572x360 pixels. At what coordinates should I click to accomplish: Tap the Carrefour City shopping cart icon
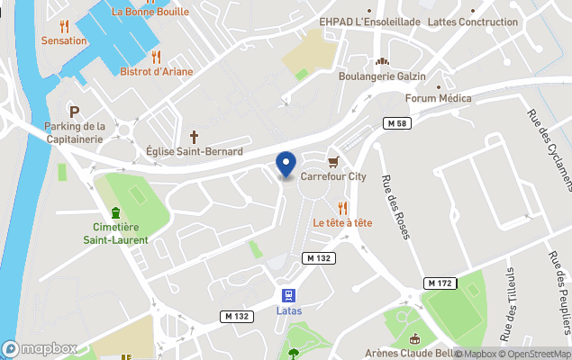[333, 162]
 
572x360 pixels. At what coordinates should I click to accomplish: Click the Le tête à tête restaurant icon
[342, 208]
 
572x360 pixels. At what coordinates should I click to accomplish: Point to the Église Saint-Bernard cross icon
[194, 135]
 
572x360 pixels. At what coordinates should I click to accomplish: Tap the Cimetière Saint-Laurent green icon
[115, 212]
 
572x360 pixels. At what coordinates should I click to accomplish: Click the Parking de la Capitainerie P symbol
[75, 111]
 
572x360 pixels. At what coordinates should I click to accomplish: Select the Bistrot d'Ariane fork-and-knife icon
[156, 57]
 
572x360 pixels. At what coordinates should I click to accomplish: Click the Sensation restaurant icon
[63, 26]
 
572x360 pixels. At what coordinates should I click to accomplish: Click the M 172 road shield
[439, 283]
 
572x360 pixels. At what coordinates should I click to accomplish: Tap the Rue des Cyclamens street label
[549, 148]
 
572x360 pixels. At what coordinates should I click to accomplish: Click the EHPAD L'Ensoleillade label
[370, 21]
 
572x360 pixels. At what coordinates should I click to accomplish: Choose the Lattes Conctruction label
[474, 21]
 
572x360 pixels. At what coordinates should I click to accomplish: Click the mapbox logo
[40, 348]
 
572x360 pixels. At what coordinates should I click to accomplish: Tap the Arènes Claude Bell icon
[413, 338]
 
